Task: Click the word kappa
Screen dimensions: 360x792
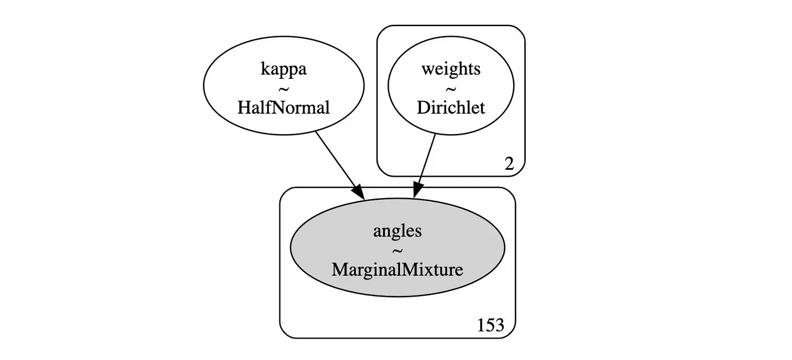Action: coord(283,70)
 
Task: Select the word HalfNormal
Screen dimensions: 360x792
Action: coord(283,108)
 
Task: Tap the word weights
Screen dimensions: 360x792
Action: coord(451,69)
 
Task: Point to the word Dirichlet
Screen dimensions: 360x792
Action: coord(451,108)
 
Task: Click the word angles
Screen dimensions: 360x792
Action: coord(397,231)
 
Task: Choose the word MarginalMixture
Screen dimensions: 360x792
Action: coord(397,269)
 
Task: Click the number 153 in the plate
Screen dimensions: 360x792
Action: coord(490,326)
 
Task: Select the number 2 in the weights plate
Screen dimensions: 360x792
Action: coord(509,164)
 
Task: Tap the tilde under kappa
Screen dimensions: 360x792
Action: coord(283,89)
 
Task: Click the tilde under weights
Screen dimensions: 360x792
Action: coord(451,89)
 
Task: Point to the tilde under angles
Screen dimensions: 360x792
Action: coord(397,250)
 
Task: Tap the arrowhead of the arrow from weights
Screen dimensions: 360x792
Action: coord(417,192)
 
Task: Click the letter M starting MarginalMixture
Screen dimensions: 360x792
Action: coord(339,269)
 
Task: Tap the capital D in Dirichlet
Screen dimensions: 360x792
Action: coord(423,108)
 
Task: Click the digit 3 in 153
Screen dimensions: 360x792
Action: coord(498,326)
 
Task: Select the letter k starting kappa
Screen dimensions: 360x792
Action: coord(264,70)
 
